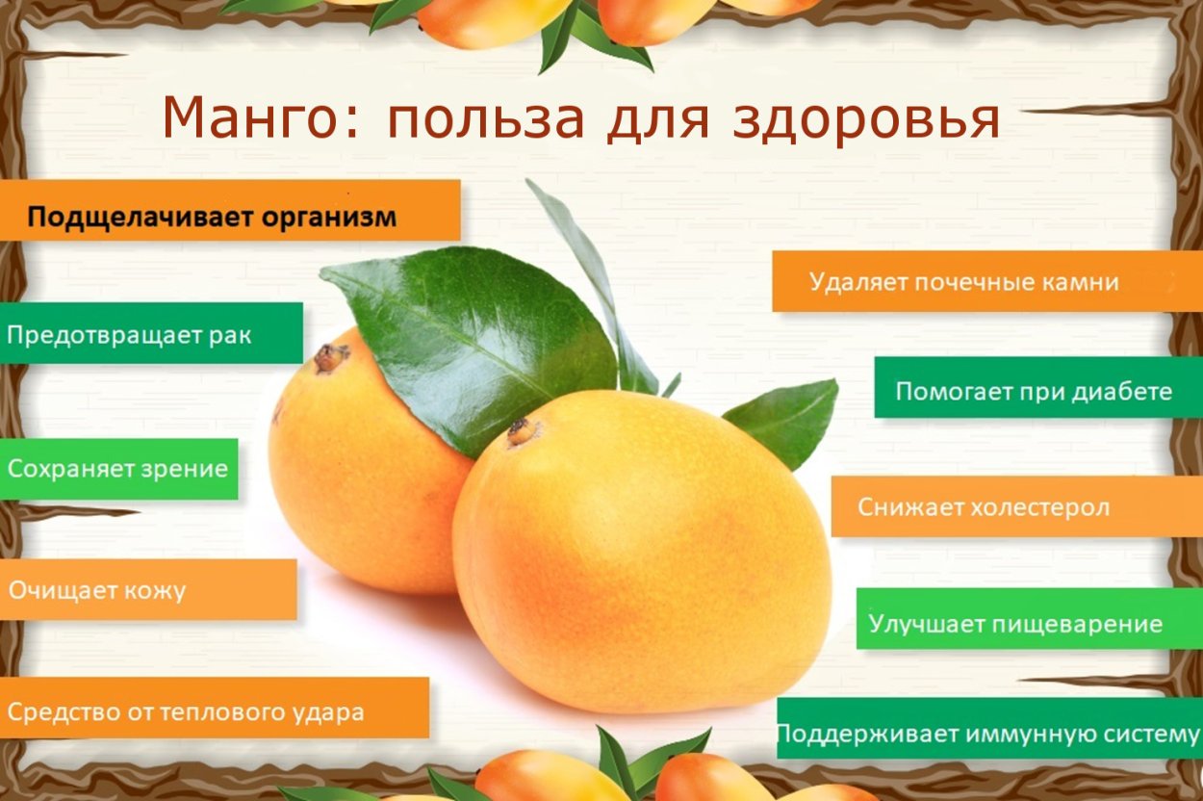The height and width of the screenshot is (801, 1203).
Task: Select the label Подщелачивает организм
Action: pos(212,217)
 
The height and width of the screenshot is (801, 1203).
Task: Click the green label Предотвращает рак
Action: pos(129,335)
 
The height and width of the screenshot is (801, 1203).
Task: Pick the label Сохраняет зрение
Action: pos(117,469)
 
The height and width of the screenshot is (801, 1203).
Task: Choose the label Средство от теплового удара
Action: pos(187,712)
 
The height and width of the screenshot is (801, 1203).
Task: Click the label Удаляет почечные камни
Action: pos(963,282)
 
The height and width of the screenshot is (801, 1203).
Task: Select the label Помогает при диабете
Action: pos(1034,391)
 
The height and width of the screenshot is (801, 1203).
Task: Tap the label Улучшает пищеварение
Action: pos(1015,623)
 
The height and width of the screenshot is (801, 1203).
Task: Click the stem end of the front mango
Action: pos(523,431)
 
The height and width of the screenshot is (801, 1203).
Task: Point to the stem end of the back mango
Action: pos(329,358)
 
